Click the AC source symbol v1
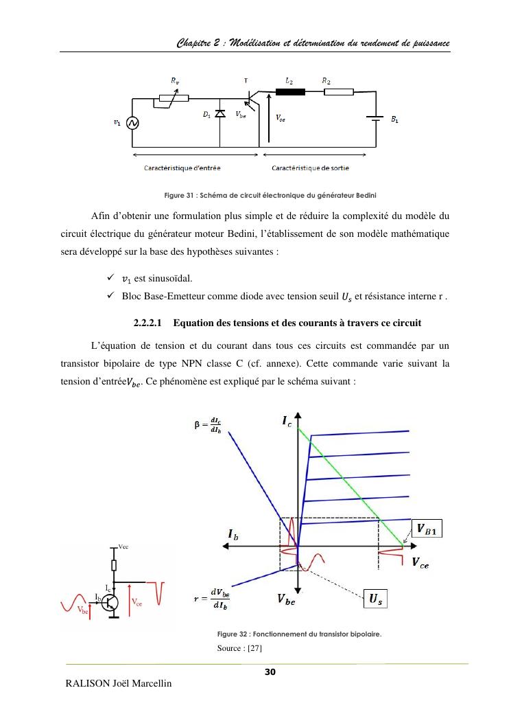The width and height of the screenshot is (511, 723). [x=132, y=123]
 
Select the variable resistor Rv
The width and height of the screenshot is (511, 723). [x=174, y=98]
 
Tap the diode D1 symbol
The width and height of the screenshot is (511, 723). [x=220, y=114]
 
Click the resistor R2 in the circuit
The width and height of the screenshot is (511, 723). [x=340, y=91]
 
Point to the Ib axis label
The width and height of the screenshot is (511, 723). [x=233, y=533]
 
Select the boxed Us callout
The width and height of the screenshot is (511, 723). [x=375, y=599]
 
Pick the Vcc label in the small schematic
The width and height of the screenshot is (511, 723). [x=123, y=547]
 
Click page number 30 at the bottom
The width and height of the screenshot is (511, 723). [x=270, y=672]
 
